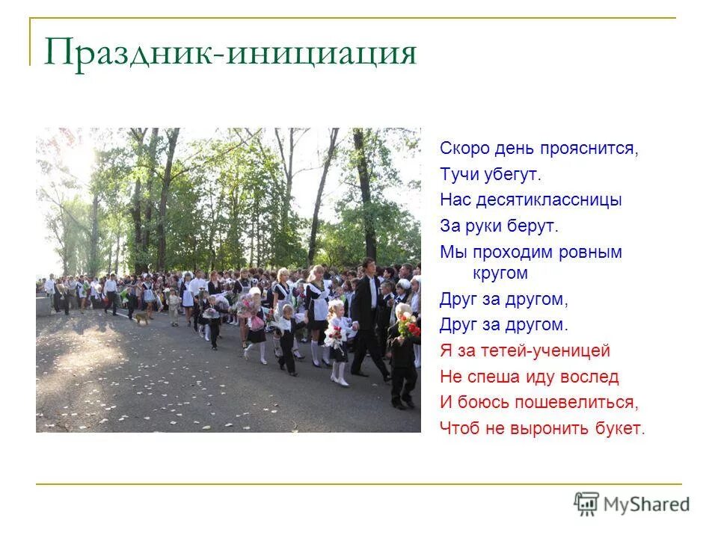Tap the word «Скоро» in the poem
(463, 148)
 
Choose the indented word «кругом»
(500, 273)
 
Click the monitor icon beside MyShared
(586, 504)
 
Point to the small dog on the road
(140, 318)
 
